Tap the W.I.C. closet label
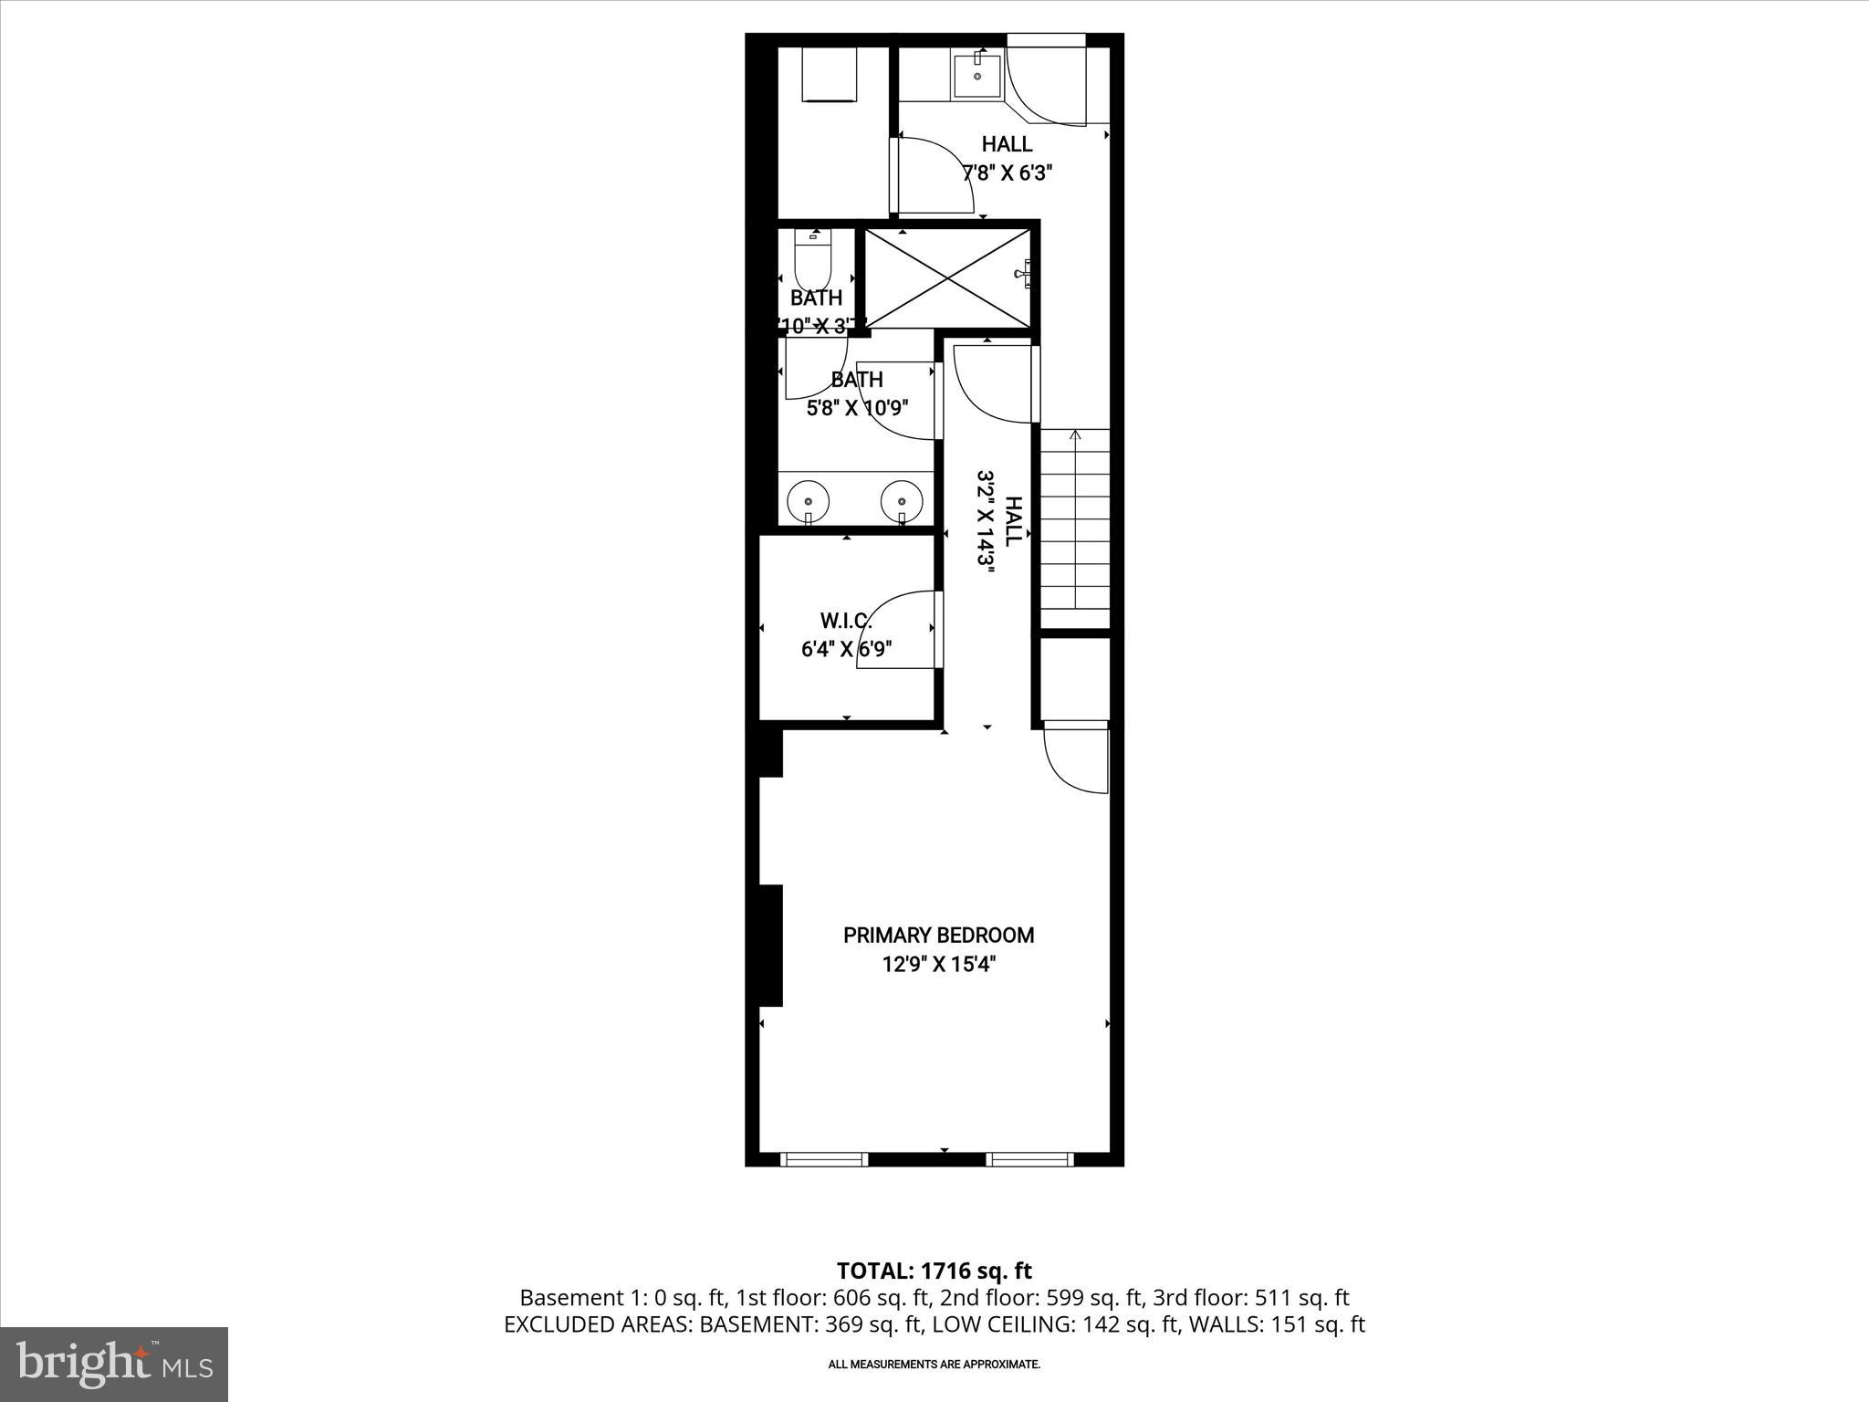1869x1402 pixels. [846, 622]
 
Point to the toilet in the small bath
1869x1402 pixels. [812, 263]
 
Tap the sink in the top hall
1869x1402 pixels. [977, 75]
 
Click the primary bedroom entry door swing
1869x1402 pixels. [1075, 758]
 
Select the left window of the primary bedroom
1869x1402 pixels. [824, 1159]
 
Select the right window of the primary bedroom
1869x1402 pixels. [1029, 1159]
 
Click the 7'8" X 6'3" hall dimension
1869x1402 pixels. [1008, 173]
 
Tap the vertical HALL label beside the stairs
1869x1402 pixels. [1012, 521]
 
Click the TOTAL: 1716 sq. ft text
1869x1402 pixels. [934, 1271]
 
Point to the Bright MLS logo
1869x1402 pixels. [114, 1365]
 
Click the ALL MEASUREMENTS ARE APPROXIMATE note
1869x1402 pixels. [934, 1365]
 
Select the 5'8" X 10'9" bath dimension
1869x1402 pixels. [858, 408]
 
